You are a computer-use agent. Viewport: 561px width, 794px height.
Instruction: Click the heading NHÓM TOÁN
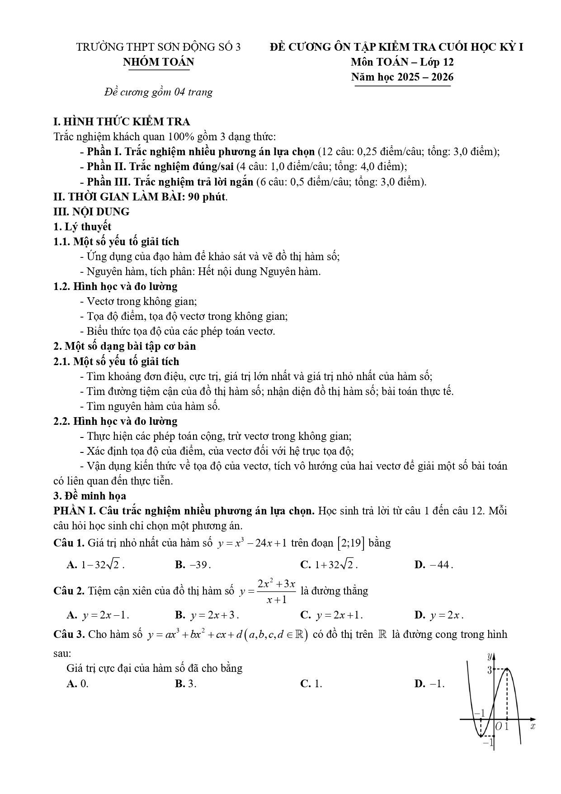[158, 62]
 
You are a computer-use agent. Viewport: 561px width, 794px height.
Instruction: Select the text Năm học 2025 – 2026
[402, 77]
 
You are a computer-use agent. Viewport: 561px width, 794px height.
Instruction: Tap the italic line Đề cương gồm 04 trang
[158, 92]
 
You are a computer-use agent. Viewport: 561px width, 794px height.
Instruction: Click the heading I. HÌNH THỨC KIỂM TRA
[122, 122]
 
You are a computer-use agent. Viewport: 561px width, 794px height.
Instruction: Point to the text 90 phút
[207, 197]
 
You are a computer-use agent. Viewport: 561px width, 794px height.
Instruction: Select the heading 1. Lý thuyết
[82, 227]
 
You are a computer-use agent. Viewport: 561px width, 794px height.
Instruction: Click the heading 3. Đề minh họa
[90, 496]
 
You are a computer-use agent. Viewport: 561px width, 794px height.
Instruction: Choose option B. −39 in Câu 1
[193, 565]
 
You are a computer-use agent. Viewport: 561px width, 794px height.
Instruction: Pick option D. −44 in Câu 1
[434, 565]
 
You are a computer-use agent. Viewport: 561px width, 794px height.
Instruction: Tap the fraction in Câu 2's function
[276, 591]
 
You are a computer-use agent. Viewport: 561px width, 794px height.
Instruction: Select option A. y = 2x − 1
[98, 615]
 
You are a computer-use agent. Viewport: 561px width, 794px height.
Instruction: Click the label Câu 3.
[69, 634]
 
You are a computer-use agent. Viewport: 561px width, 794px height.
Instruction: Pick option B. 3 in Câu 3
[186, 684]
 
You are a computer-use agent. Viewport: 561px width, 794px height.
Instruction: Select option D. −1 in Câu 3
[429, 684]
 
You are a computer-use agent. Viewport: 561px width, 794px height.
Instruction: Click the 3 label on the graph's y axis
[489, 670]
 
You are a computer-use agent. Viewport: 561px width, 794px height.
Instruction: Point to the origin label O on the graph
[499, 727]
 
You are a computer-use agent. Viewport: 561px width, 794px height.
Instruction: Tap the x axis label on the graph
[533, 726]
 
